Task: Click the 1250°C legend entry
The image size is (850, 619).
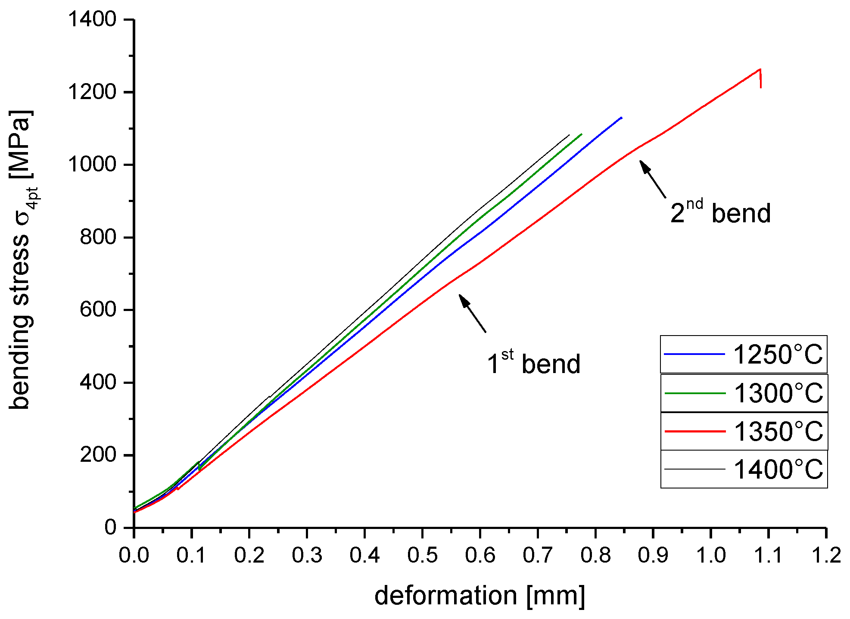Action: tap(744, 354)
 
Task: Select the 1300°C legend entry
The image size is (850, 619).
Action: tap(744, 393)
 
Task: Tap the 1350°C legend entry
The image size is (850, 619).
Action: tap(744, 431)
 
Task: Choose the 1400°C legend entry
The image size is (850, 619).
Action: tap(744, 469)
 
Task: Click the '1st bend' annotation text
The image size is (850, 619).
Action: tap(533, 363)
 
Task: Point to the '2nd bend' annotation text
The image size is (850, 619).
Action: tap(720, 212)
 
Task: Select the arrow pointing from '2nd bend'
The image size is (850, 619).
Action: tap(653, 179)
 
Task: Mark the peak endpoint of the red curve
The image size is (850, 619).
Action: tap(760, 69)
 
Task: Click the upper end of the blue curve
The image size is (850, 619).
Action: tap(621, 117)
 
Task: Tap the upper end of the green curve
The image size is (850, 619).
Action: tap(582, 134)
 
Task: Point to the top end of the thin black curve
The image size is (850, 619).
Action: tap(569, 135)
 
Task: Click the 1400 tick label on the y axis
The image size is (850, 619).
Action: tap(93, 19)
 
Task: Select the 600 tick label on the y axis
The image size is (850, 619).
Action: tap(98, 309)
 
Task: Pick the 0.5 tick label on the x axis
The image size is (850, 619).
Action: tap(422, 555)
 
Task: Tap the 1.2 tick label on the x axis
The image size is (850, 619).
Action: tap(826, 555)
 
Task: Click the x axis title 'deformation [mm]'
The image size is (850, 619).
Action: tap(479, 596)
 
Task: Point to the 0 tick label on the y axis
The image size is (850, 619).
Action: tap(110, 527)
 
